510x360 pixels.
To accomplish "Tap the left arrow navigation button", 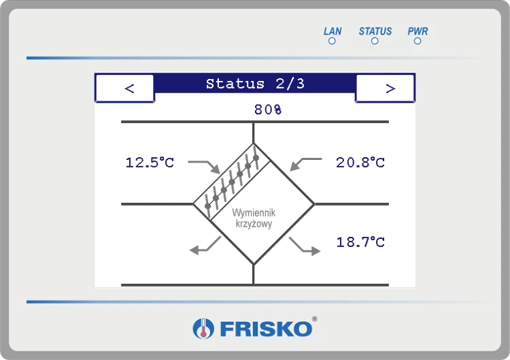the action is coord(124,88).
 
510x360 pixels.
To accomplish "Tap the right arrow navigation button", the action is coord(385,88).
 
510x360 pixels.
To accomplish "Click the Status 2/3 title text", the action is coord(255,84).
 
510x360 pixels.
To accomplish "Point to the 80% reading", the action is coord(268,110).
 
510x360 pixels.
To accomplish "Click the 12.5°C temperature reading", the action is coord(150,163).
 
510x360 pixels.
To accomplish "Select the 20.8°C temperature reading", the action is coord(360,163).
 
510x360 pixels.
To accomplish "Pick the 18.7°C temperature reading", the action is coord(360,242).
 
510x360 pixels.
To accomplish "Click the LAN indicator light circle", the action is coord(332,41).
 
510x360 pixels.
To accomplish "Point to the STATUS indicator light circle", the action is coord(375,41).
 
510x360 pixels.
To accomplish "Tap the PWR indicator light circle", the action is coord(418,41).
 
